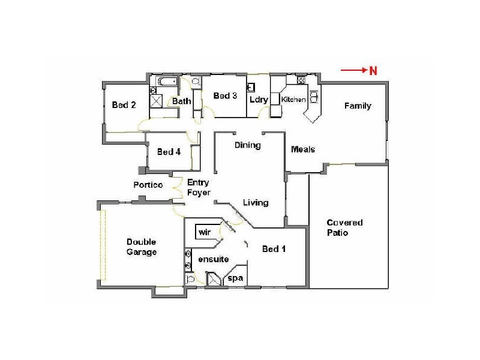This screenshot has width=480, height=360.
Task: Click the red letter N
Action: point(373,71)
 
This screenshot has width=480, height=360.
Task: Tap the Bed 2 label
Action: point(124,105)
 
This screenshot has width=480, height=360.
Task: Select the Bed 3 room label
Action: point(225,96)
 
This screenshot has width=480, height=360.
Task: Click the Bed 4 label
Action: point(169,152)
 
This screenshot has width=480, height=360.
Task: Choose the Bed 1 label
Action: point(274,249)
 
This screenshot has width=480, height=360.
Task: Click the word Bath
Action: point(182,101)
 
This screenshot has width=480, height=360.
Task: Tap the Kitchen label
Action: point(294,100)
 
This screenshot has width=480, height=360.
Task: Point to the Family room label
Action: point(357,106)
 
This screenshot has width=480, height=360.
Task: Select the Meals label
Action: point(303,149)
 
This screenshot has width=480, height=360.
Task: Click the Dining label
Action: point(247,145)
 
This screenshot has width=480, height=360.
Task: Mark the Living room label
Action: point(256,203)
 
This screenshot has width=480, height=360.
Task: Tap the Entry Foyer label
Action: point(199,187)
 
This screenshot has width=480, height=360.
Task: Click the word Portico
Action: point(148,185)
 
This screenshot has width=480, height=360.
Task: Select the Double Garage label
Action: point(142,247)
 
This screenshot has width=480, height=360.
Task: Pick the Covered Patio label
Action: point(344,227)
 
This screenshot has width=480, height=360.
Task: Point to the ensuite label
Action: point(213,260)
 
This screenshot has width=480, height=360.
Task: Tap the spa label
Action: point(235,278)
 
